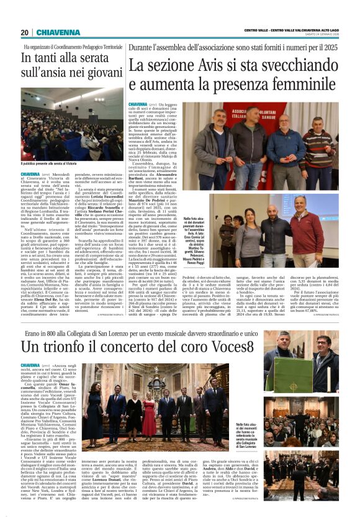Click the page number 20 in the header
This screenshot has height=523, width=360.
[24, 32]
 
